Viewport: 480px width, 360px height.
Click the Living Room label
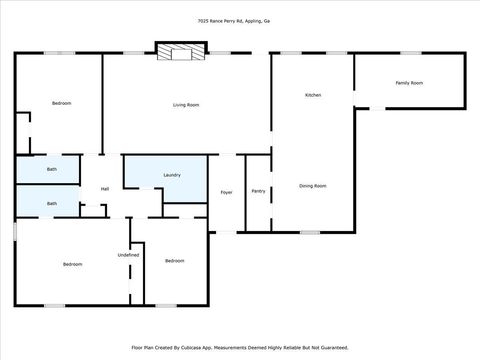click(x=186, y=105)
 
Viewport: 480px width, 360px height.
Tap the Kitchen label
click(x=313, y=95)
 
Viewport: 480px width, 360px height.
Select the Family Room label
click(x=409, y=83)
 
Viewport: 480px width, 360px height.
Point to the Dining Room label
click(x=313, y=186)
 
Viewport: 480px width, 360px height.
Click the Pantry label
click(x=258, y=190)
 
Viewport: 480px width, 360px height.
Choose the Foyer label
click(x=227, y=191)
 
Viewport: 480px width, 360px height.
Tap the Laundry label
click(x=172, y=175)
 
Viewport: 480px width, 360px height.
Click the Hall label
click(x=105, y=189)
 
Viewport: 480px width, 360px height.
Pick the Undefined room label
click(x=128, y=255)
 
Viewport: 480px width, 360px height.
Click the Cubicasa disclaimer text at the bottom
click(x=240, y=348)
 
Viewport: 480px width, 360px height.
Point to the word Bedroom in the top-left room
click(x=62, y=103)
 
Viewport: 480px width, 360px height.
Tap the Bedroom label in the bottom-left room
click(x=72, y=264)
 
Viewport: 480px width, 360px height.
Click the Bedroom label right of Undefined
click(x=175, y=261)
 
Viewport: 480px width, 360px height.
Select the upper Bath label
click(x=52, y=169)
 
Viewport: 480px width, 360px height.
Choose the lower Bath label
click(x=52, y=204)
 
